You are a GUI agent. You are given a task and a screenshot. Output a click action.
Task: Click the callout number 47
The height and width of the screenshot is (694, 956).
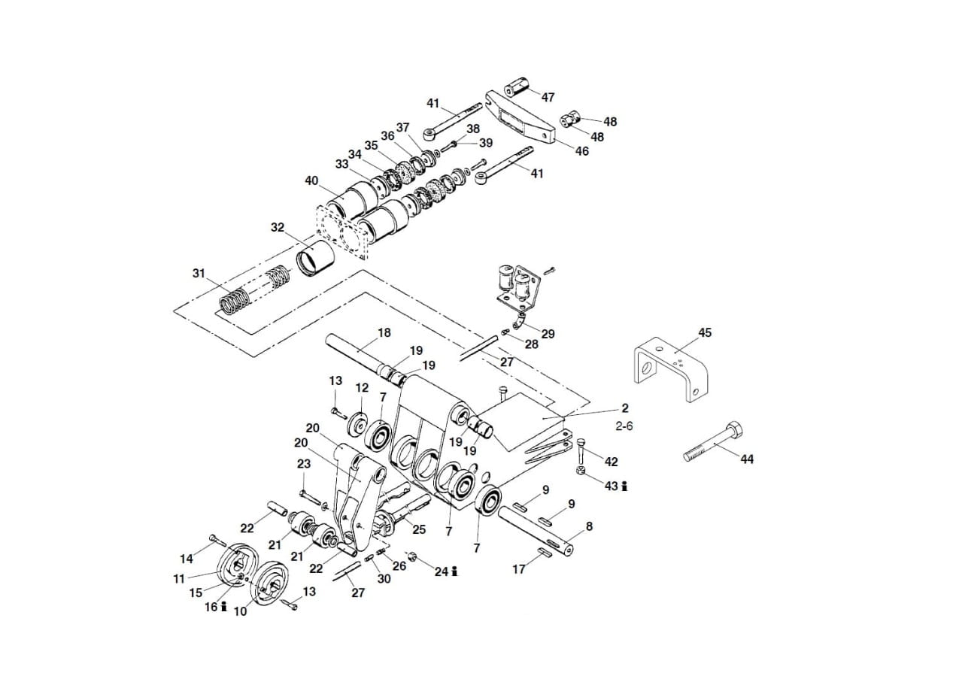click(x=548, y=97)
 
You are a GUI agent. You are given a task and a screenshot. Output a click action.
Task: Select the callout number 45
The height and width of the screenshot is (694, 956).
click(x=704, y=332)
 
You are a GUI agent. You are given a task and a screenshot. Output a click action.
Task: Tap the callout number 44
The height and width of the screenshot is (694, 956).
click(x=746, y=459)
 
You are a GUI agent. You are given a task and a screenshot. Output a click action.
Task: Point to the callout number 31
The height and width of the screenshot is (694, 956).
click(x=199, y=273)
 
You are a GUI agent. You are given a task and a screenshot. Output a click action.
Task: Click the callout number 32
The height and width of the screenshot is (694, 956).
click(x=278, y=227)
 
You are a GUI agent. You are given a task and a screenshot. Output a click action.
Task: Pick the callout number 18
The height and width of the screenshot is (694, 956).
click(x=384, y=332)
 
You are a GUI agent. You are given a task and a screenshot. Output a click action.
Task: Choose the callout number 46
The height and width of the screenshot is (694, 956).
click(x=581, y=151)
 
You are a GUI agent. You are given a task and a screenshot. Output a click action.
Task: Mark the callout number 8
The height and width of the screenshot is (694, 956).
click(x=589, y=526)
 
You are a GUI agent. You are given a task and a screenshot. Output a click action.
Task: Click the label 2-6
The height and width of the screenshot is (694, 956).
click(x=624, y=426)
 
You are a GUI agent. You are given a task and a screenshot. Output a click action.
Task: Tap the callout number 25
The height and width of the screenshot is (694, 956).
click(x=419, y=529)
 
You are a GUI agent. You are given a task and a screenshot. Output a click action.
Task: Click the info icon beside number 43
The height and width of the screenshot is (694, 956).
click(x=625, y=486)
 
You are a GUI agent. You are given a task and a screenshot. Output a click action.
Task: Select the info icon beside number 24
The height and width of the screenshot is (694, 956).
click(x=455, y=572)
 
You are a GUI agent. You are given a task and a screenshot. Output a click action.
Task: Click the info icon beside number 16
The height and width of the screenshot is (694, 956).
click(x=223, y=606)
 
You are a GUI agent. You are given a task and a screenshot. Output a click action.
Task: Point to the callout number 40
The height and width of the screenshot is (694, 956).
click(x=311, y=180)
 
